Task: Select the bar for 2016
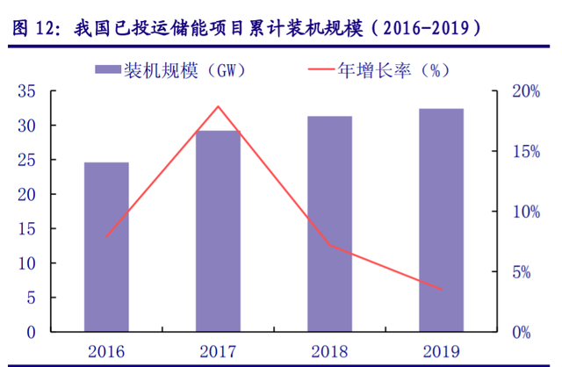(106, 247)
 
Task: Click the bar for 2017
(218, 231)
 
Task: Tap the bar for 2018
(329, 224)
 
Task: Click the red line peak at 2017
(218, 106)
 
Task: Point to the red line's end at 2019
(441, 290)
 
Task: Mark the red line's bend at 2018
(329, 245)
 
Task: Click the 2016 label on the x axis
(106, 351)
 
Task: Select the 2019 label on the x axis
(441, 351)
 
